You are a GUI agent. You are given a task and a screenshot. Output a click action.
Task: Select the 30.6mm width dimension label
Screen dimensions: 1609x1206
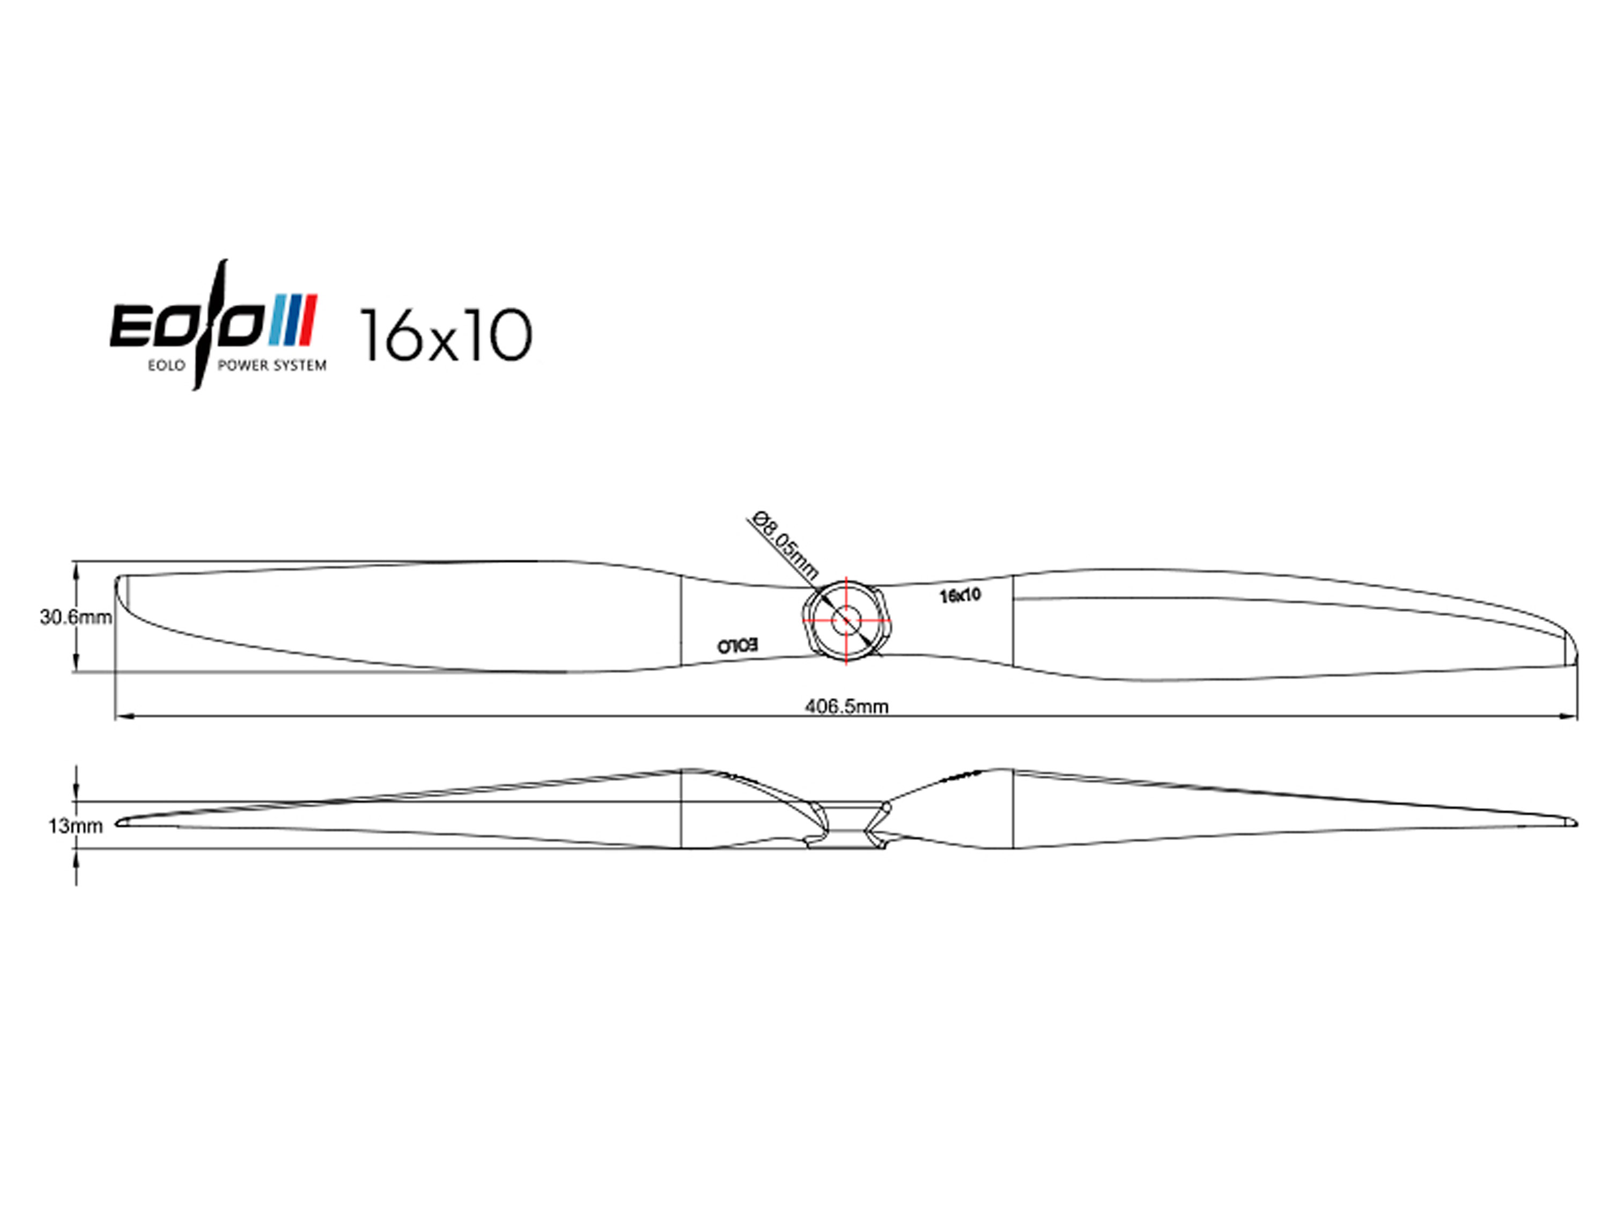76,617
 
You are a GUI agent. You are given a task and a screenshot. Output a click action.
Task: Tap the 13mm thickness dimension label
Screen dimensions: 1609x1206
76,826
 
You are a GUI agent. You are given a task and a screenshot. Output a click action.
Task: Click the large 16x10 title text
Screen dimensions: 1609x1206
446,335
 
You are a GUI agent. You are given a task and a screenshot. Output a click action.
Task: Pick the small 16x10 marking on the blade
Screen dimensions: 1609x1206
960,595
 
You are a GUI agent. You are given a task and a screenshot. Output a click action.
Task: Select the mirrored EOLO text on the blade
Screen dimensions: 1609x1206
737,645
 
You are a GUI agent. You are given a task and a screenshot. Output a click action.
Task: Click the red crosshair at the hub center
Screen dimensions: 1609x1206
847,620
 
